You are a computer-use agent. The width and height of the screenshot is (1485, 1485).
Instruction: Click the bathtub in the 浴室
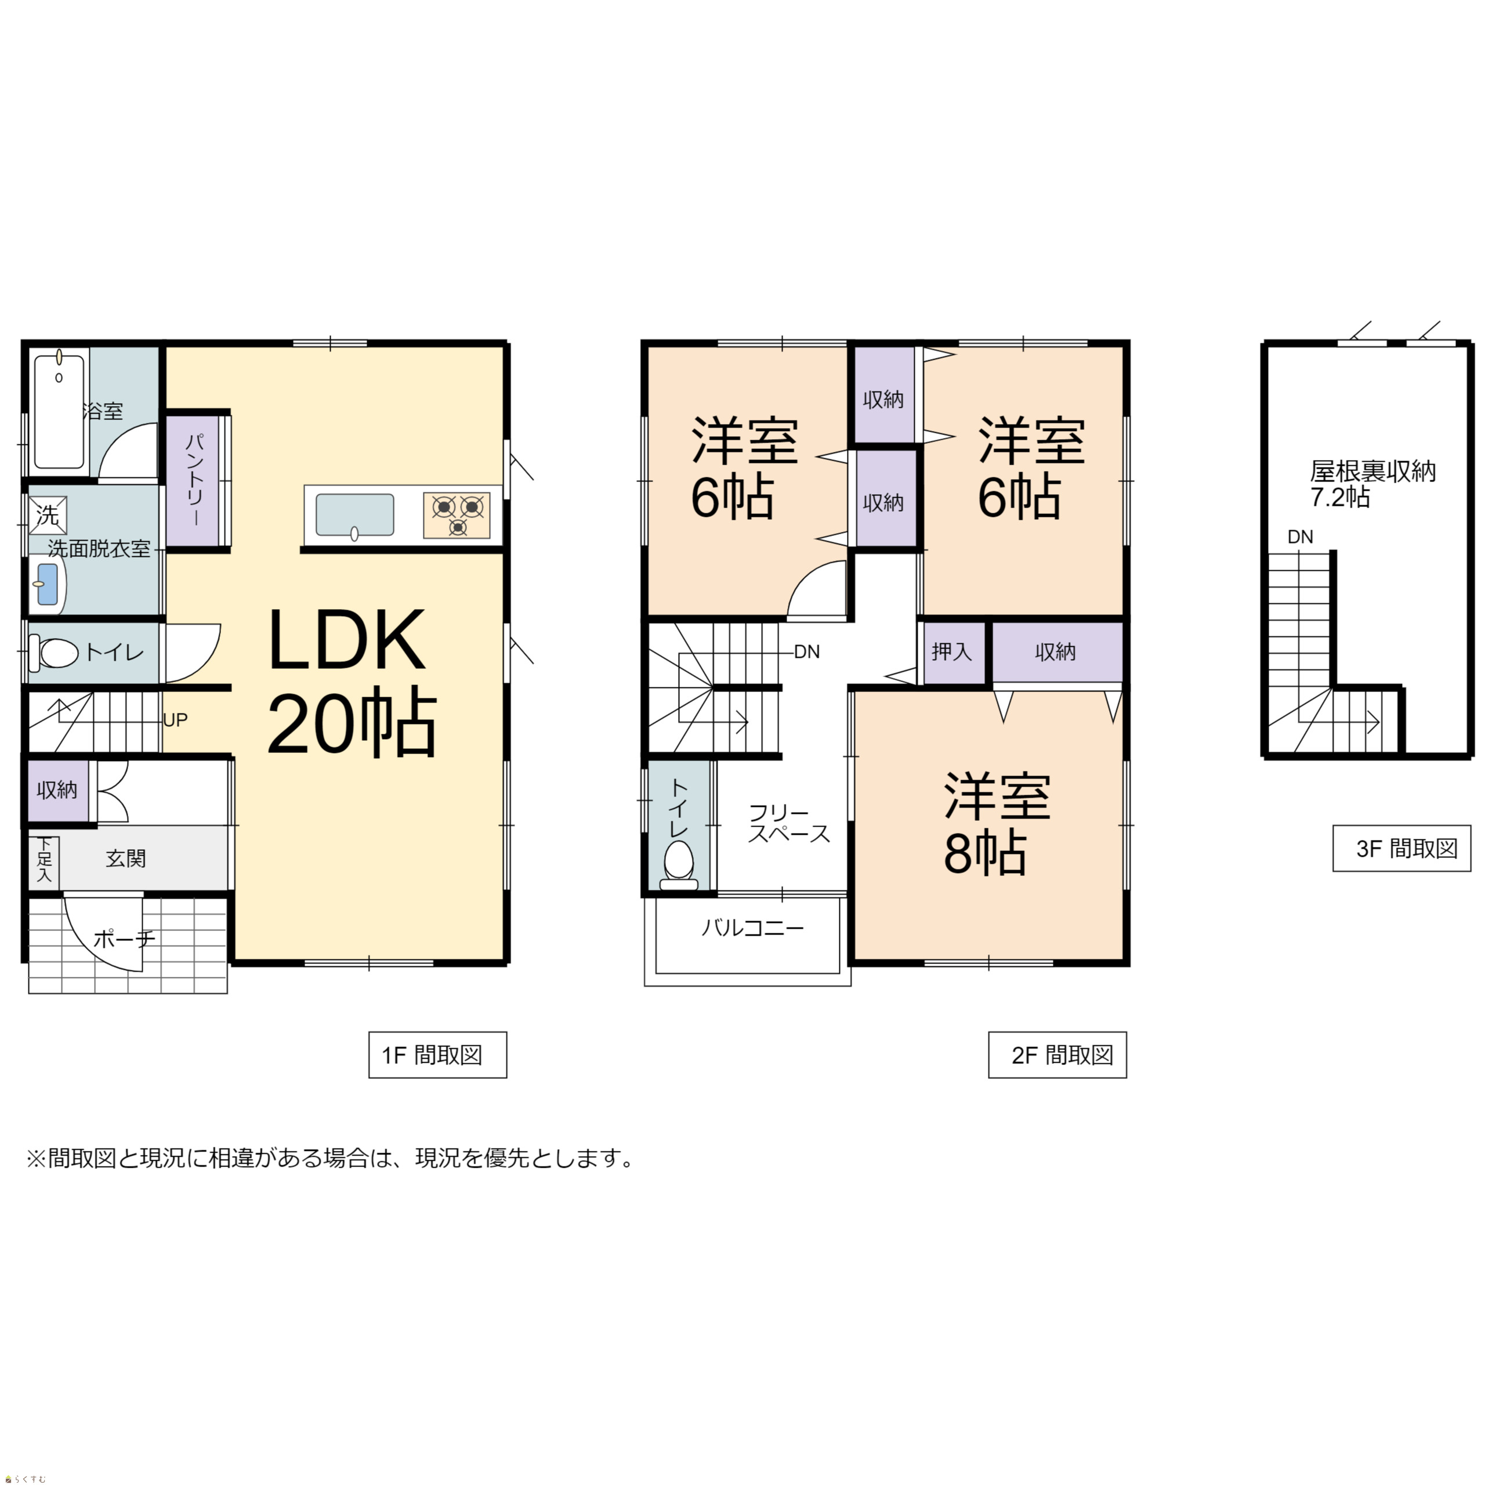point(59,411)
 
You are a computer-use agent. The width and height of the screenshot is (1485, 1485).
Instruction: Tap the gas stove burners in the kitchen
point(457,515)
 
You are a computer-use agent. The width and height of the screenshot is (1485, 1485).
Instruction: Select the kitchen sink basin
point(354,515)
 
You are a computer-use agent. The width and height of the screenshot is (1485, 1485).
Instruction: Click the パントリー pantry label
point(195,479)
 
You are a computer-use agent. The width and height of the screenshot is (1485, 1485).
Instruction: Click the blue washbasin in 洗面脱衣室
point(48,584)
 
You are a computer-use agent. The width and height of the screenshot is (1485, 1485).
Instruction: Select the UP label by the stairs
point(175,720)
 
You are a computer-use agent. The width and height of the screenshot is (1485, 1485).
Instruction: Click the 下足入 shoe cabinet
point(44,859)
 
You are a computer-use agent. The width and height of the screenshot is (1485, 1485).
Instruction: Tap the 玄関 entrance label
point(126,859)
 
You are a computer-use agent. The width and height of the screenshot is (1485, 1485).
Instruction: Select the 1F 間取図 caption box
point(437,1055)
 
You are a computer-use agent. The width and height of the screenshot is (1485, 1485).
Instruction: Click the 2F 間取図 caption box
point(1057,1055)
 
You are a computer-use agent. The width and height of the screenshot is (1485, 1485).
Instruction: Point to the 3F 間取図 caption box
point(1401,849)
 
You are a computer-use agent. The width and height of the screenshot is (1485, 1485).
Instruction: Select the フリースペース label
point(789,823)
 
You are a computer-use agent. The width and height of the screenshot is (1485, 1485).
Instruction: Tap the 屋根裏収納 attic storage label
point(1373,470)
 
